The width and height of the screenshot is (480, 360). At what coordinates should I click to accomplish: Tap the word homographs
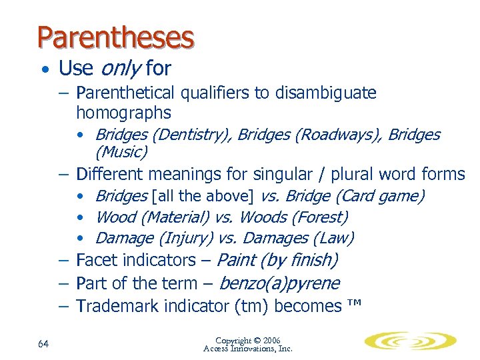click(x=123, y=113)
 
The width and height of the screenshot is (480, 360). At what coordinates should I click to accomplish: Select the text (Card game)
click(x=381, y=196)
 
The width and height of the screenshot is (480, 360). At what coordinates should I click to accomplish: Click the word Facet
click(x=95, y=260)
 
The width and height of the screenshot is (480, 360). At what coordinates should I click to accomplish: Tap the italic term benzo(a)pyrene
click(x=279, y=283)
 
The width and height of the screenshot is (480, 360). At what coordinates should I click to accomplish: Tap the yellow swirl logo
click(x=409, y=341)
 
